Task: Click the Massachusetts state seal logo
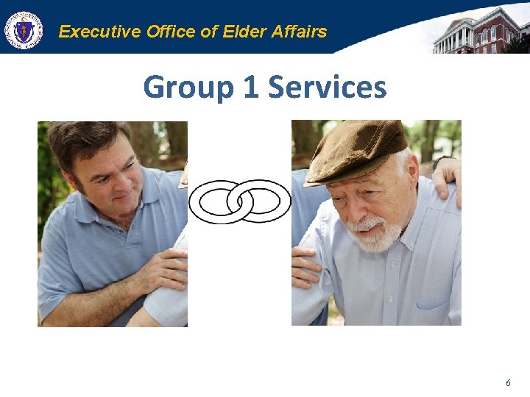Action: (24, 31)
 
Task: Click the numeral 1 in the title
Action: (250, 87)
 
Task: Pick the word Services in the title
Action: (327, 87)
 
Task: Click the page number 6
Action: (507, 383)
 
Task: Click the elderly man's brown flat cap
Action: (358, 151)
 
